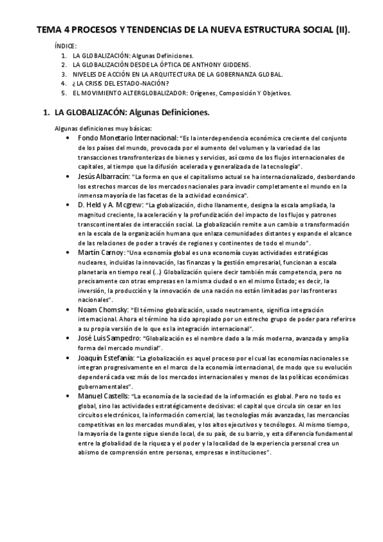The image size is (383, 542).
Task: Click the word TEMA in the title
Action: pyautogui.click(x=47, y=30)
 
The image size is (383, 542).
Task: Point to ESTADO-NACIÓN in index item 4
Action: pyautogui.click(x=139, y=83)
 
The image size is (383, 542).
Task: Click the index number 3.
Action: pyautogui.click(x=63, y=74)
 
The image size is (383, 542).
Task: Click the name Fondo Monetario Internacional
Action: pyautogui.click(x=127, y=137)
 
